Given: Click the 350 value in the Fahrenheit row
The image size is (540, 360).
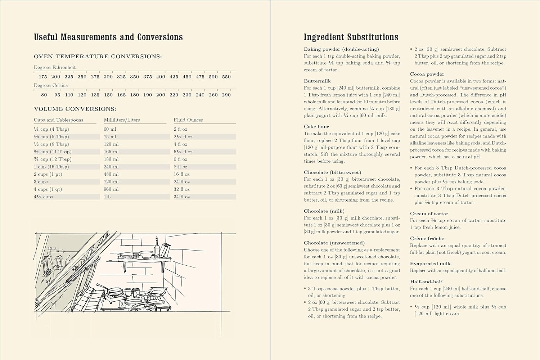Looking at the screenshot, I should [x=134, y=77].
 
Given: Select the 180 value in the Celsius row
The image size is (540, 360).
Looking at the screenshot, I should [x=134, y=95].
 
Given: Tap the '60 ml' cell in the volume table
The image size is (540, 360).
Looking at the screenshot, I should [x=110, y=129].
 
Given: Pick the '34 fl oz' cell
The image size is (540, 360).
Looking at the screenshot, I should [x=182, y=197].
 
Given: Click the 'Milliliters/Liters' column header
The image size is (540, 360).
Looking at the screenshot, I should [x=122, y=120].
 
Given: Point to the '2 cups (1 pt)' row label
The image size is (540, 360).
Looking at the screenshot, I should [x=48, y=174].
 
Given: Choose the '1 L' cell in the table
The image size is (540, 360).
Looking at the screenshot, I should [x=107, y=197].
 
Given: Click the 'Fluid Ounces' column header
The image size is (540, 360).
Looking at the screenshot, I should [x=188, y=120].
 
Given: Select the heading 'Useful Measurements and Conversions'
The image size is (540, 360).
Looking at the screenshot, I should [x=108, y=37].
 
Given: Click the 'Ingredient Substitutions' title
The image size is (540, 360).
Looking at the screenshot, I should [x=351, y=37].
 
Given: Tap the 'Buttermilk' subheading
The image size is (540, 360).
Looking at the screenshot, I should [x=317, y=81].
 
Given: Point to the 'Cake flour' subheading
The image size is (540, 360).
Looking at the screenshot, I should [x=316, y=127].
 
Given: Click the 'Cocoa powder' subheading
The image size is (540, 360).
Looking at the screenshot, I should [x=427, y=74].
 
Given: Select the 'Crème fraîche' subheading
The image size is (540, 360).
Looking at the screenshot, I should [x=427, y=238].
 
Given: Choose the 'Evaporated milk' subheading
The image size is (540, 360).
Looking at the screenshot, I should [x=430, y=264].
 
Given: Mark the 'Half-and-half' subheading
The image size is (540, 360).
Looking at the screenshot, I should [x=426, y=282].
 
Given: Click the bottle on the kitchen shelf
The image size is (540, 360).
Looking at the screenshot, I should [x=157, y=247].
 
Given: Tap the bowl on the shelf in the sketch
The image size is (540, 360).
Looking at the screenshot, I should [x=146, y=254].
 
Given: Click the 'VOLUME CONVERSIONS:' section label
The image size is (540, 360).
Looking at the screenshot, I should [x=75, y=109].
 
